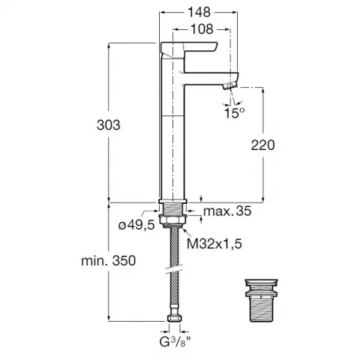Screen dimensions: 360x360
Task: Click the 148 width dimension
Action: coord(199,12)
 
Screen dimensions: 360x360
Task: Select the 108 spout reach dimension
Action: coord(202,29)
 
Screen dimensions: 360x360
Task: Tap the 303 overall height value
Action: coord(109,125)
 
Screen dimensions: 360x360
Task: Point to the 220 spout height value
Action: coord(262,145)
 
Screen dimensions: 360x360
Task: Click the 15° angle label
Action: coord(235,113)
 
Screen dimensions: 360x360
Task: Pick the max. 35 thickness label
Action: coord(227,211)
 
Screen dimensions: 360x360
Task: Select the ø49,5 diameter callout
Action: coord(136,226)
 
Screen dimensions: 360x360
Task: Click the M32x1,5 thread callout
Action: coord(214,244)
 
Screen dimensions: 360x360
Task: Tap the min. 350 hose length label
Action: coord(109,261)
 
